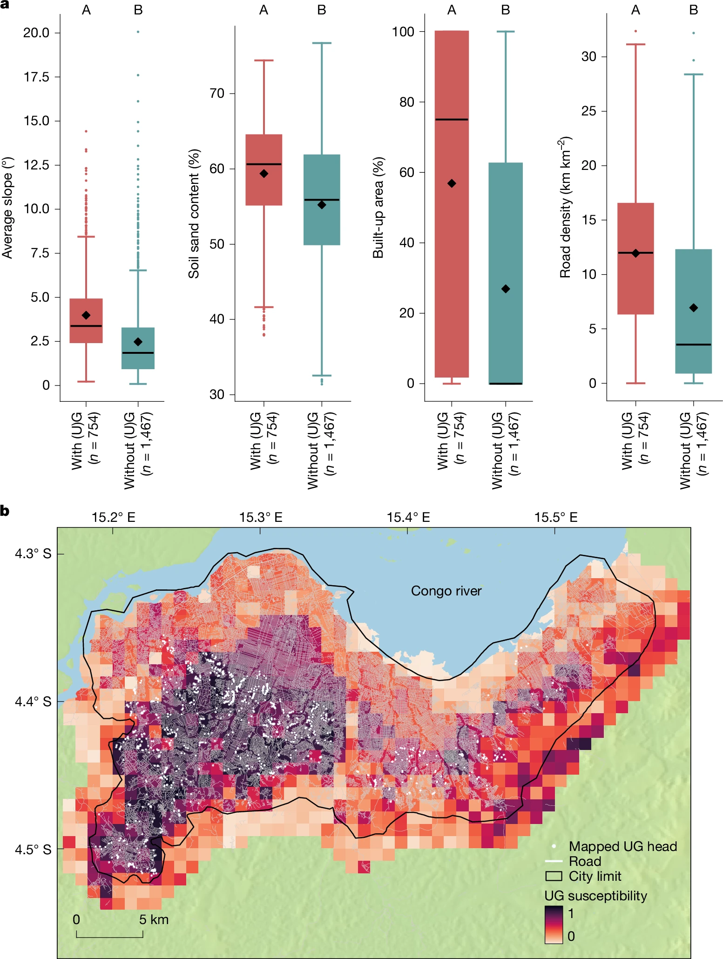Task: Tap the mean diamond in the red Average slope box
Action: pos(86,315)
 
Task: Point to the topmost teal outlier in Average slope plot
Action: pos(138,32)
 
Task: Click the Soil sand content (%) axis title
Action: pos(194,214)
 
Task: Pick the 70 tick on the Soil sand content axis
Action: pos(217,94)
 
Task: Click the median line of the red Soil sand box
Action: pos(264,164)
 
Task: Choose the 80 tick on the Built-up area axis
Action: pos(406,102)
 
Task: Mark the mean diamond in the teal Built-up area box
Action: pos(506,289)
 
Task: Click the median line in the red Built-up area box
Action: pos(452,120)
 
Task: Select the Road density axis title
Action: pos(566,208)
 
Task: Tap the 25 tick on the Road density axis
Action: pos(588,111)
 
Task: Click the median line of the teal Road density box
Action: pos(693,344)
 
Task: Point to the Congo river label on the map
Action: pos(446,591)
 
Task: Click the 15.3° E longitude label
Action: pos(261,517)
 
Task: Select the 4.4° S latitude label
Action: pos(33,701)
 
